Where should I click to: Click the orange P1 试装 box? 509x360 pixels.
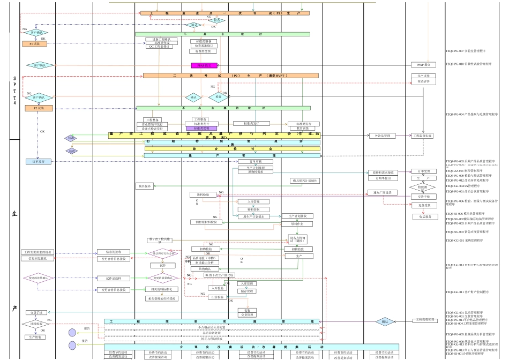click(35, 44)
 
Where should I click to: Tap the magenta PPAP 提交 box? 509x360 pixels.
click(204, 65)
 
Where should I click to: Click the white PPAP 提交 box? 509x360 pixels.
click(423, 65)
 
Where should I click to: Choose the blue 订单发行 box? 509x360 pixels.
click(38, 161)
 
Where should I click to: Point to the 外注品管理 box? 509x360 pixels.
click(383, 136)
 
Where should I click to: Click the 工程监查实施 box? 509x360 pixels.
click(422, 136)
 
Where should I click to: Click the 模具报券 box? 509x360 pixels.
click(145, 186)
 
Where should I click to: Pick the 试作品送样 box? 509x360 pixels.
click(113, 278)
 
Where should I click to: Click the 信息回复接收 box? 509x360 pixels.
click(38, 259)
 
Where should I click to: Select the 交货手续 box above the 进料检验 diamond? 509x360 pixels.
click(36, 312)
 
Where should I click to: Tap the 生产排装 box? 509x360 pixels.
click(36, 337)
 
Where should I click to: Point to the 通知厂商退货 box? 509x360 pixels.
click(383, 192)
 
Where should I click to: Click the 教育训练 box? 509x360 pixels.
click(303, 129)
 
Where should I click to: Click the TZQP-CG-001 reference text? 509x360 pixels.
click(464, 241)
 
